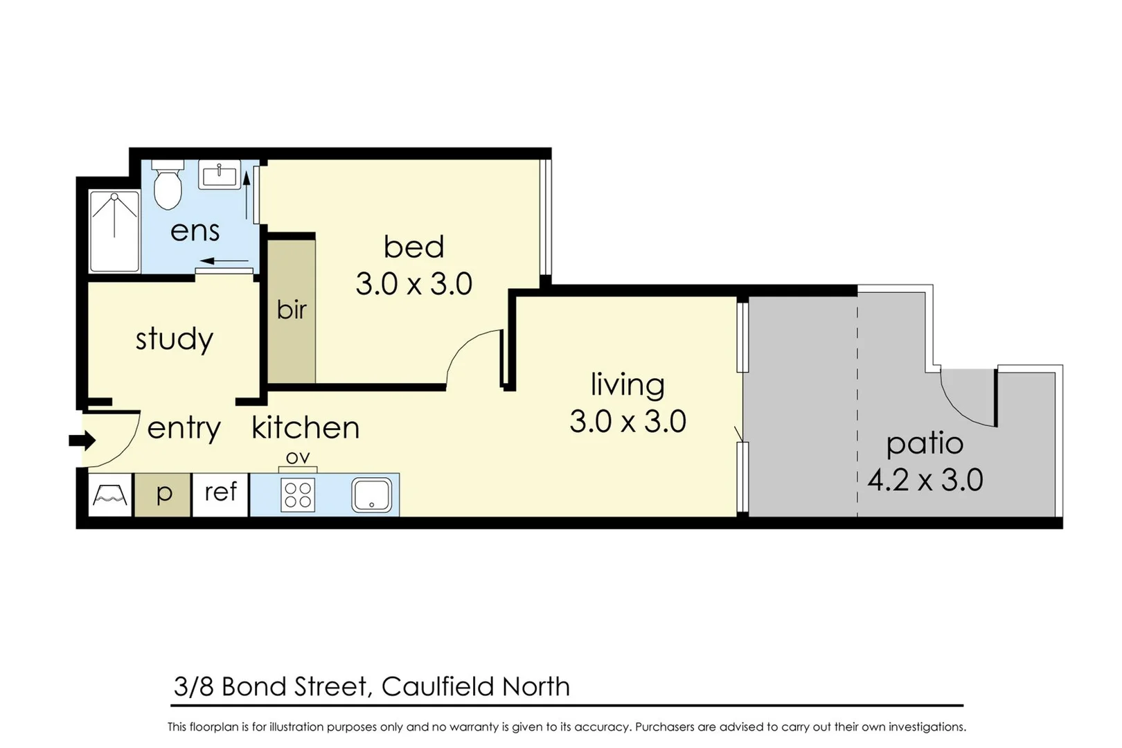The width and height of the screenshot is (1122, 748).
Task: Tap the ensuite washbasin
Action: coord(220,175)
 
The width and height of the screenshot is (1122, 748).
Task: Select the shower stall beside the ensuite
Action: coord(115,231)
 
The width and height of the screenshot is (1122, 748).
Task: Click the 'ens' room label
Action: coord(195,231)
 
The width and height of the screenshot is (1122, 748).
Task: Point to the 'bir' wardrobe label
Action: coord(292,310)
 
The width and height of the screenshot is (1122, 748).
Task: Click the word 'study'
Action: coord(174,339)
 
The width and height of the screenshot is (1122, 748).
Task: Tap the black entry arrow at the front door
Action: coord(82,440)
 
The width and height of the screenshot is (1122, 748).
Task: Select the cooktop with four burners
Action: coord(298,495)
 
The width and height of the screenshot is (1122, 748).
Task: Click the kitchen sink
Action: coord(372,495)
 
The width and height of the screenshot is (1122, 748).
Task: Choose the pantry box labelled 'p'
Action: coord(163,494)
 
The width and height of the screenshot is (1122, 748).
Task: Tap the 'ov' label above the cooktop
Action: coord(298,458)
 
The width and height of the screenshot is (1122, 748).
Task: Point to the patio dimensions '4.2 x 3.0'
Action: coord(925,480)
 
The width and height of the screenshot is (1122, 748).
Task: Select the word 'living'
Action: coord(627,385)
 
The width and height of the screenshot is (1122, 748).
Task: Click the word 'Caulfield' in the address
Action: coord(438,686)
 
